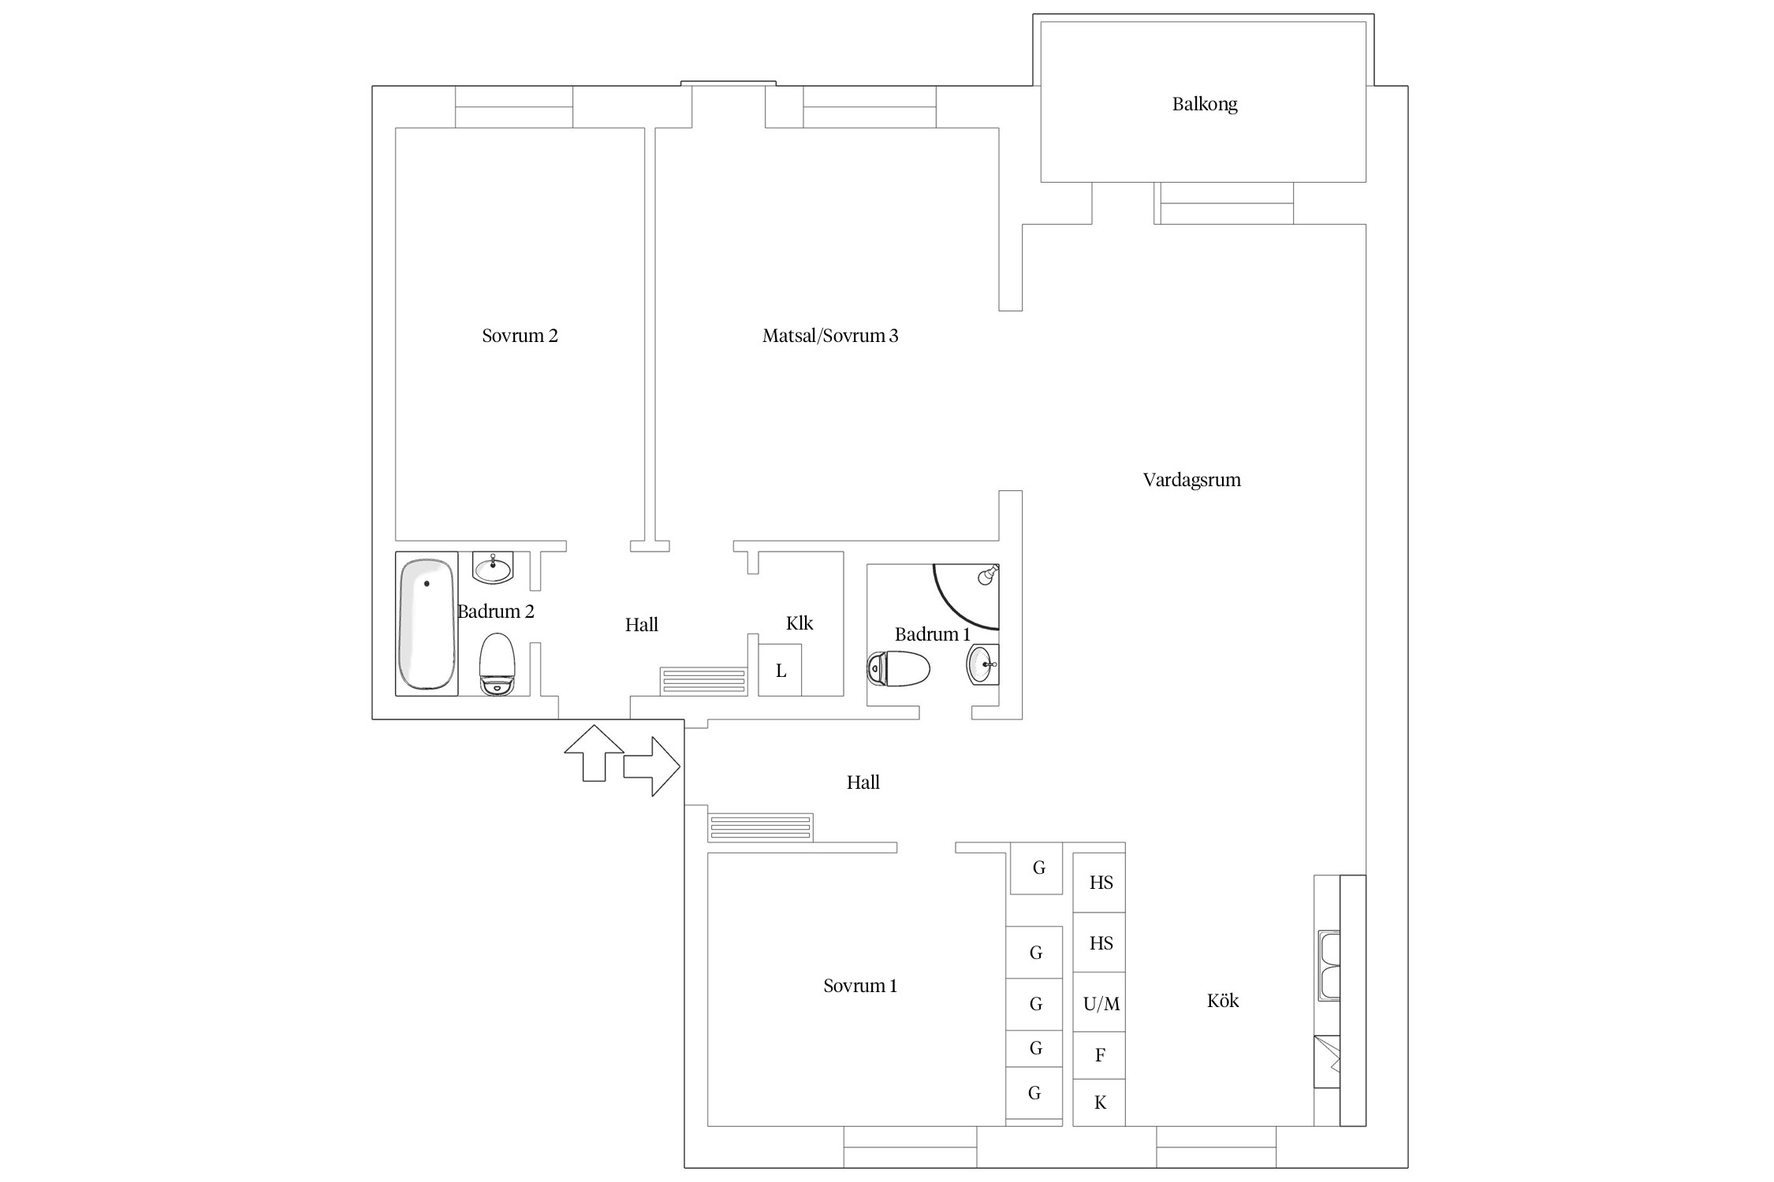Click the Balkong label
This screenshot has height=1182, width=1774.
pyautogui.click(x=1204, y=104)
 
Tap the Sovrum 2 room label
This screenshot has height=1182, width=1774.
pyautogui.click(x=520, y=336)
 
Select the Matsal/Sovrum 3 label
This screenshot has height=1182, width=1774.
pyautogui.click(x=829, y=336)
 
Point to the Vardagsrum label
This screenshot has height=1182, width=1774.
pyautogui.click(x=1191, y=480)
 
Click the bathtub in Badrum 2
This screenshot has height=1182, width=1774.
pyautogui.click(x=427, y=623)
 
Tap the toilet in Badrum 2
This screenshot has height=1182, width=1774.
pyautogui.click(x=497, y=664)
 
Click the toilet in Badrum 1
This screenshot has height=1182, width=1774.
pyautogui.click(x=898, y=669)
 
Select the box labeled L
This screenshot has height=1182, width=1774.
pyautogui.click(x=780, y=671)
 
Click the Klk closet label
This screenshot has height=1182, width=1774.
pyautogui.click(x=799, y=623)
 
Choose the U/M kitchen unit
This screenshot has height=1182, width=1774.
pyautogui.click(x=1100, y=1003)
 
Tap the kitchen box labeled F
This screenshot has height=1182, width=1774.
pyautogui.click(x=1100, y=1055)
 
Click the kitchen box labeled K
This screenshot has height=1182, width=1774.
pyautogui.click(x=1100, y=1102)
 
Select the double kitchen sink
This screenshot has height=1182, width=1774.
pyautogui.click(x=1329, y=966)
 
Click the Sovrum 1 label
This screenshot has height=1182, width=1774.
pyautogui.click(x=859, y=986)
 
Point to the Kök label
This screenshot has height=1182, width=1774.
pyautogui.click(x=1222, y=1001)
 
